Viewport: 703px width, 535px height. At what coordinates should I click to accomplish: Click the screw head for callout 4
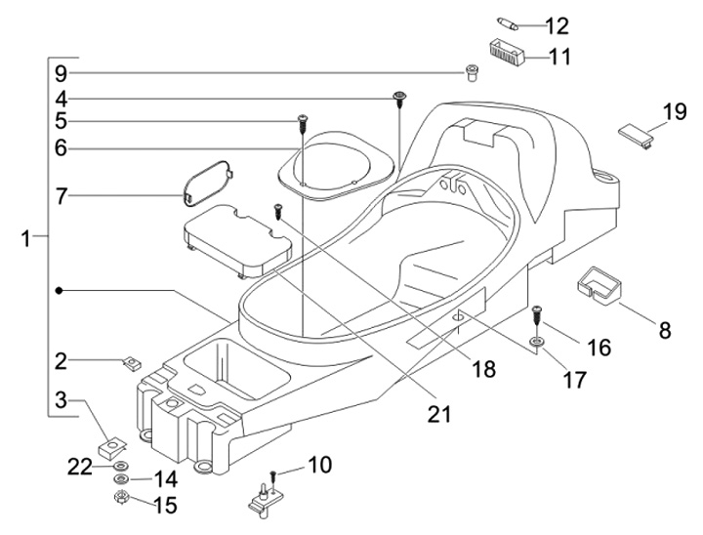pos(398,95)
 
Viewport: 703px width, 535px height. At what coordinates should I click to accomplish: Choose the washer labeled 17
pos(538,342)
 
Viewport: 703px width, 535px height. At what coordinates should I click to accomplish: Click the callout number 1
pos(27,235)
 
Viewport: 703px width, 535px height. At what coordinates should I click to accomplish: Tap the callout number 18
pos(482,369)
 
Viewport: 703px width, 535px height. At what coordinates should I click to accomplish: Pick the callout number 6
pos(61,148)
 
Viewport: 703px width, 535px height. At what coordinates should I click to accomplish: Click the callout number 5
pos(61,122)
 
